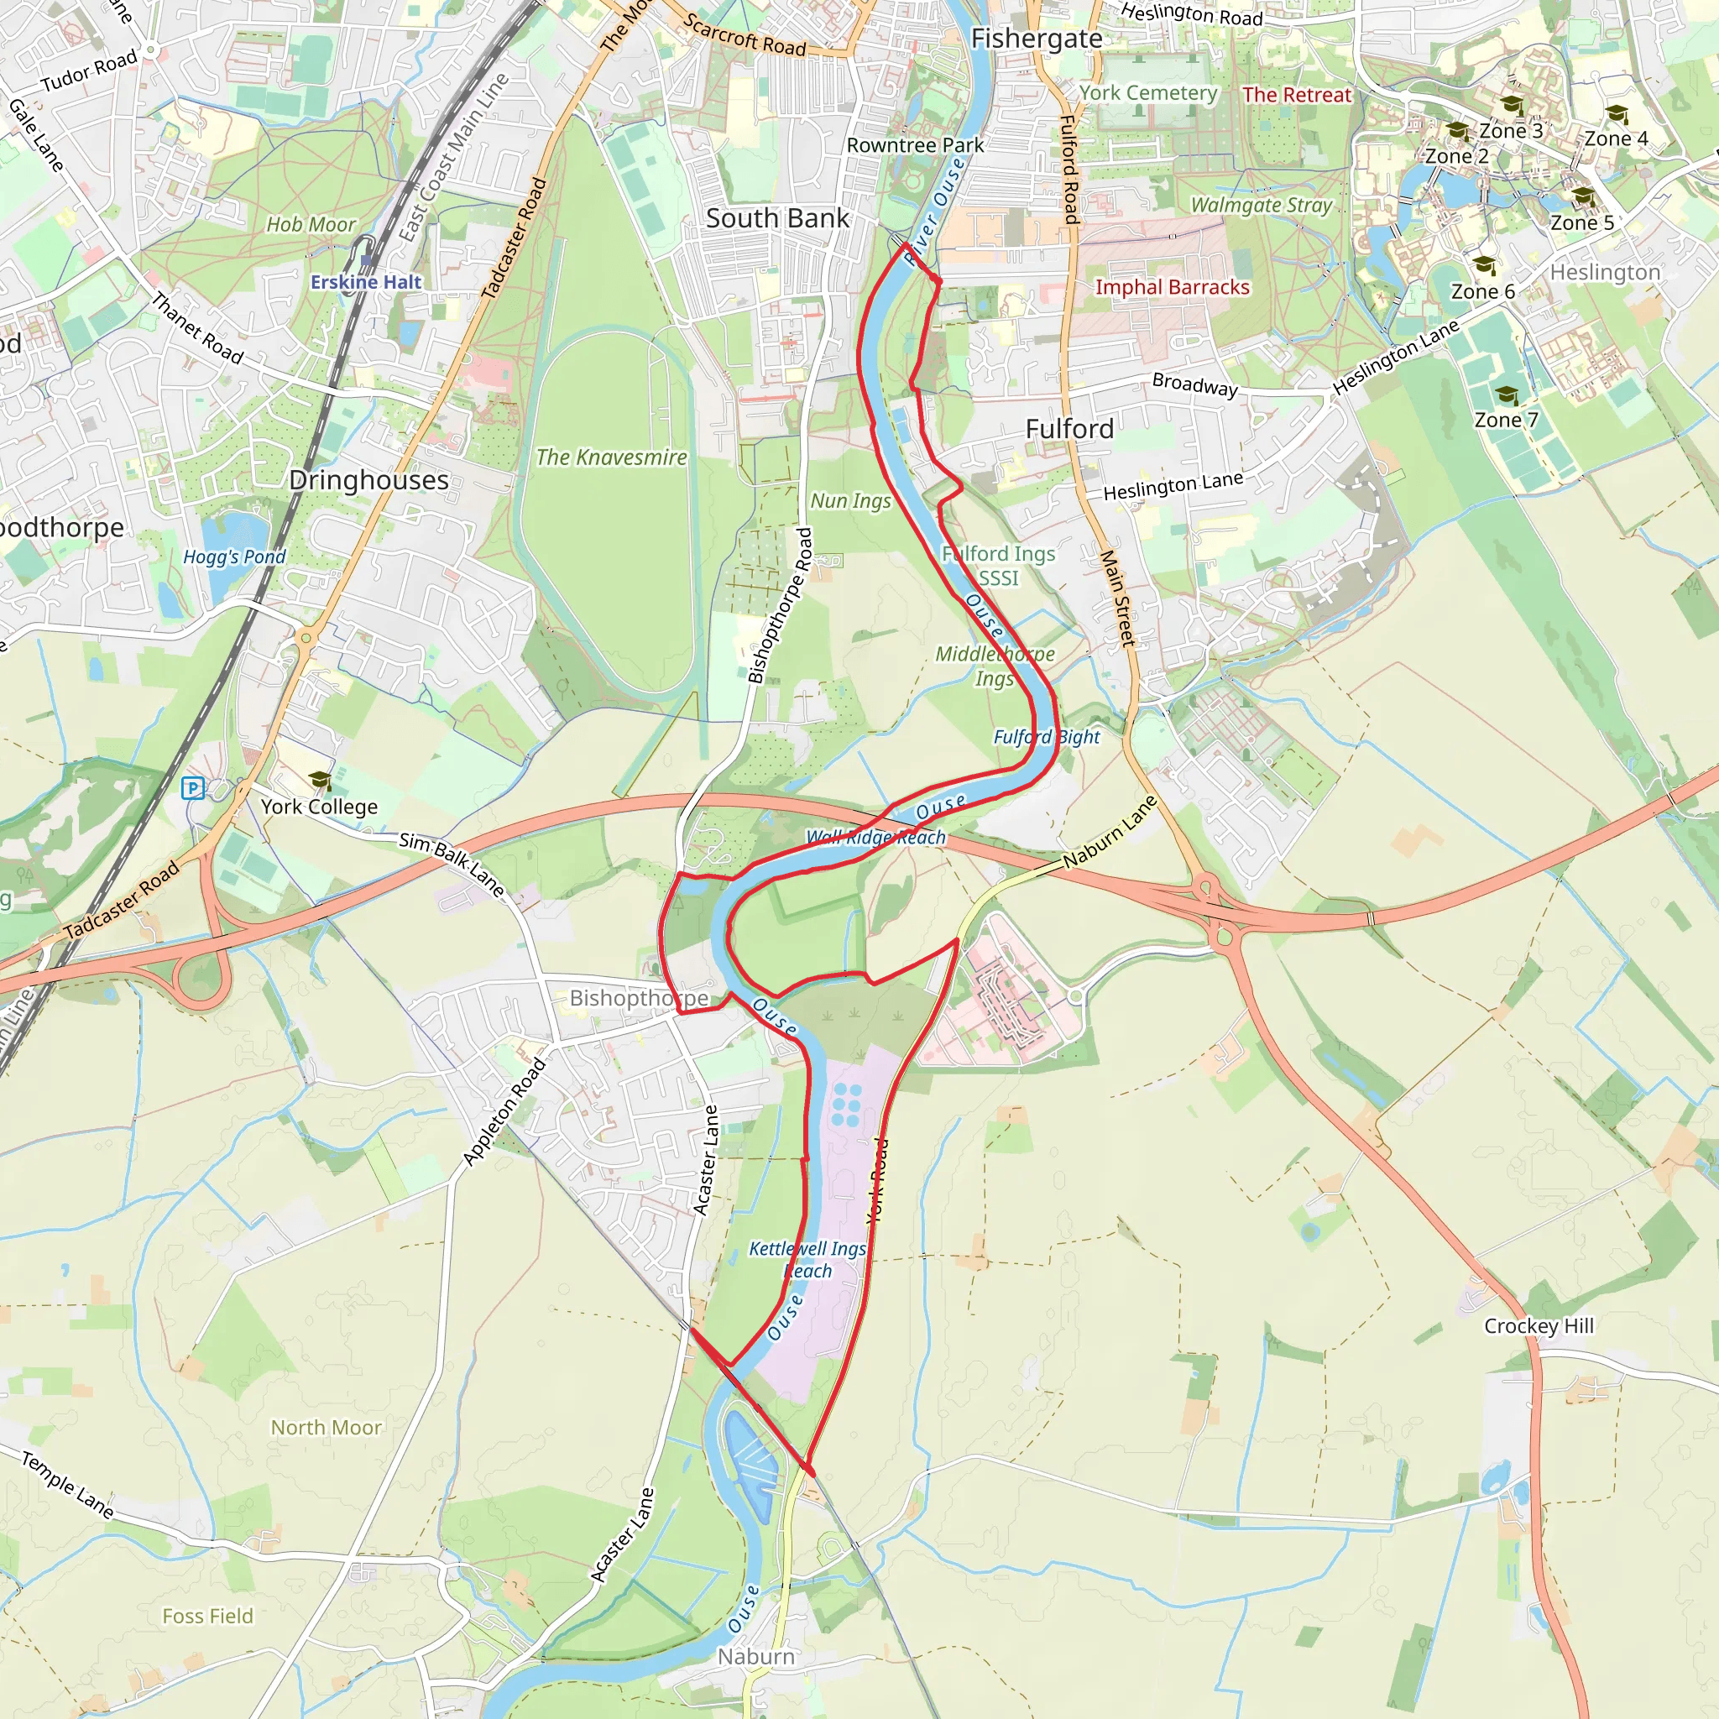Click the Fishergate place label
coord(1037,39)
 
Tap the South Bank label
coord(776,218)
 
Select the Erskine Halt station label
coord(366,282)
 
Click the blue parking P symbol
coord(192,787)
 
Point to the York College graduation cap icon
coord(320,781)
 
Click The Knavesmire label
coord(611,457)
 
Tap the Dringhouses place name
coord(368,480)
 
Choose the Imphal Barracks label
coord(1172,287)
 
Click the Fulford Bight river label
coord(1047,737)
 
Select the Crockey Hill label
coord(1539,1325)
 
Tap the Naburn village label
coord(756,1657)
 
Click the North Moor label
coord(326,1427)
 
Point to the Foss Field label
coord(207,1616)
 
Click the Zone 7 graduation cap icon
coord(1507,395)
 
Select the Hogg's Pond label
coord(234,557)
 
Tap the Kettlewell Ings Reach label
coord(807,1260)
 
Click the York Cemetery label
coord(1147,92)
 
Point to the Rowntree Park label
coord(915,145)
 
